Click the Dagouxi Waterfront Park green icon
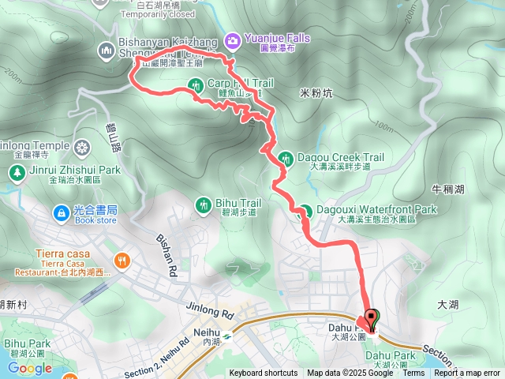coord(304,210)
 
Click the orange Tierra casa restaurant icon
coord(122,259)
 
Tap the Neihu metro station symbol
coord(226,335)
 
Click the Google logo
coord(29,368)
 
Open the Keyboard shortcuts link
coord(264,373)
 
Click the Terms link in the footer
coord(413,373)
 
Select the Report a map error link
coord(467,373)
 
